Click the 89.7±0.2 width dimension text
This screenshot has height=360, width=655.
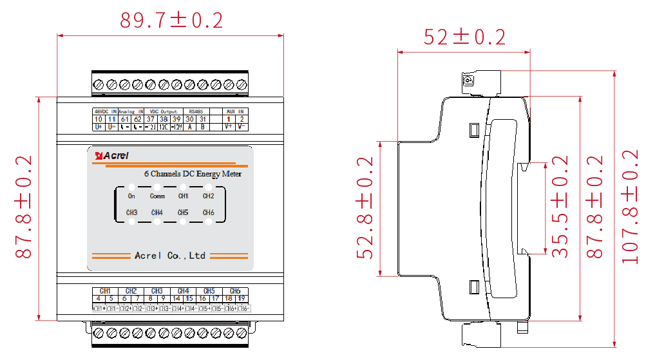pos(171,21)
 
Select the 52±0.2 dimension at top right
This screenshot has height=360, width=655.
pos(464,37)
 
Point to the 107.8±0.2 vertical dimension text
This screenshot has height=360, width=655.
pos(631,206)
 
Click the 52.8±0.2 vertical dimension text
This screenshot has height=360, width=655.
pos(366,207)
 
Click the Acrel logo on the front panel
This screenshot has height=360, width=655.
pos(113,155)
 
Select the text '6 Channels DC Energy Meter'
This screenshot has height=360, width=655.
pos(193,174)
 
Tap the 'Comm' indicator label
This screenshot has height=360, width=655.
pos(157,196)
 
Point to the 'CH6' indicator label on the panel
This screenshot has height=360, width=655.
pos(208,213)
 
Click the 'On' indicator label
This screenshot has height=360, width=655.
pos(131,196)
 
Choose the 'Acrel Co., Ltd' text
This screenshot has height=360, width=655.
pos(170,256)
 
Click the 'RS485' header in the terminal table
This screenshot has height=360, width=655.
pos(196,111)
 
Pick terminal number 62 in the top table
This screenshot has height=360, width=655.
pos(137,119)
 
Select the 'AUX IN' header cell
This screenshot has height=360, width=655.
pos(235,111)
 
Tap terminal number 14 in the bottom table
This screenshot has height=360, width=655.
pos(177,298)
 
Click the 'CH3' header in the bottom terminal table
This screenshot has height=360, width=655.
pos(157,290)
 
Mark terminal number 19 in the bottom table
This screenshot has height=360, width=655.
pos(242,298)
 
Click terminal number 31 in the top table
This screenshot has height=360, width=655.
pos(202,119)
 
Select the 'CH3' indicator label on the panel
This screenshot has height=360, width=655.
pos(131,213)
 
